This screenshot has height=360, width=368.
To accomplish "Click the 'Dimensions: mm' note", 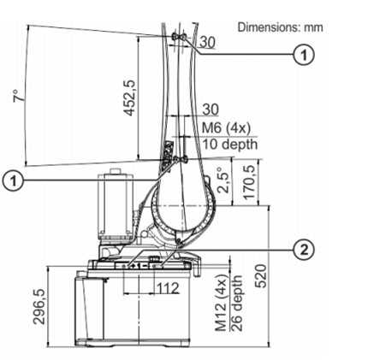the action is tap(281, 27).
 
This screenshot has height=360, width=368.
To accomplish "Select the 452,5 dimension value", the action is tap(129, 97).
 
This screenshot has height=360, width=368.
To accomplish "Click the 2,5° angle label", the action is tap(223, 180).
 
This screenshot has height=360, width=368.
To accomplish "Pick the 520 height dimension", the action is tap(261, 276).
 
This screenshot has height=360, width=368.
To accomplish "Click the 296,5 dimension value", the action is tap(39, 306).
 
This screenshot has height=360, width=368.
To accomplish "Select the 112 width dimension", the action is tap(169, 288).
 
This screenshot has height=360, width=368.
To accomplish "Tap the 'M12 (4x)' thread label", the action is tap(221, 303).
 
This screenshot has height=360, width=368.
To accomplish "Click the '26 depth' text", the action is tap(236, 303).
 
